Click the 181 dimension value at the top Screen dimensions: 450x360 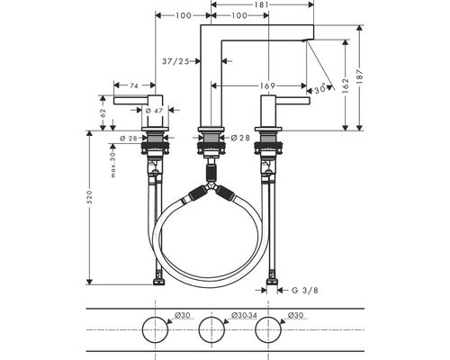[263, 4]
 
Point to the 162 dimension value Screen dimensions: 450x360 [346, 85]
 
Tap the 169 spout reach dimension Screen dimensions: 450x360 [267, 85]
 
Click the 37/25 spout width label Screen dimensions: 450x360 [175, 61]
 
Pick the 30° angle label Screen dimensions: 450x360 [319, 89]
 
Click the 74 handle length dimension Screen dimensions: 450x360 [134, 85]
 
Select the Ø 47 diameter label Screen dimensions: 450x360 [154, 111]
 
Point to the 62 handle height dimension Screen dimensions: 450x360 [103, 112]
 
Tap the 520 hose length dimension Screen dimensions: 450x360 [89, 197]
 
